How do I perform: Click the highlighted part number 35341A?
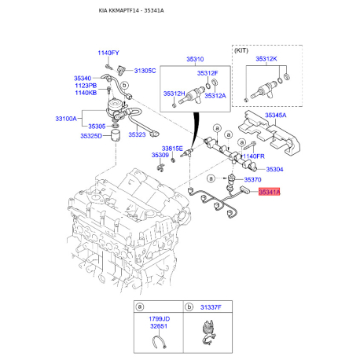coord(270,192)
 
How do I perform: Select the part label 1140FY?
coord(108,53)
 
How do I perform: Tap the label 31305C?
coord(145,71)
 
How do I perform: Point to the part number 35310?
coord(195,59)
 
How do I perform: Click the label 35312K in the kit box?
coord(266,59)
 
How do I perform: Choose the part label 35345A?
coord(276,116)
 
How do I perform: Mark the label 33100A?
coord(66,119)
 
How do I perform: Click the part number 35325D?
coord(91,136)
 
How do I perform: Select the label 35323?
coord(137,134)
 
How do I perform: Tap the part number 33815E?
coord(172,149)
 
